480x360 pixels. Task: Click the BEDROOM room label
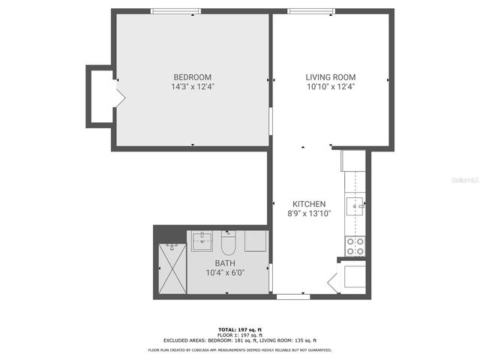192,77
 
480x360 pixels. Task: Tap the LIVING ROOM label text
330,77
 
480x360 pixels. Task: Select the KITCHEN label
309,204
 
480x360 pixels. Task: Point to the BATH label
225,263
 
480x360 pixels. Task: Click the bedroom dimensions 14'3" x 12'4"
192,87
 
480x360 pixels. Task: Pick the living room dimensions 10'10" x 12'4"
330,87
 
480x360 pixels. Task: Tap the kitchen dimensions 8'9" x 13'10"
309,214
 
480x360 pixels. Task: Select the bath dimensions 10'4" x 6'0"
225,273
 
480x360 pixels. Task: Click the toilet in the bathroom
229,244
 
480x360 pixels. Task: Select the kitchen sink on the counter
355,203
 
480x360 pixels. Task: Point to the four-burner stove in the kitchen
355,247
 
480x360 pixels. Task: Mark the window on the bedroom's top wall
175,11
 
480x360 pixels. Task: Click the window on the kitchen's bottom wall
292,297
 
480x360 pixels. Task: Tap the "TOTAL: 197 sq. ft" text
239,329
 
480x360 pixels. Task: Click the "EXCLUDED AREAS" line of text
239,340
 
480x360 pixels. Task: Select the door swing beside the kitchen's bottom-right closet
334,283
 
